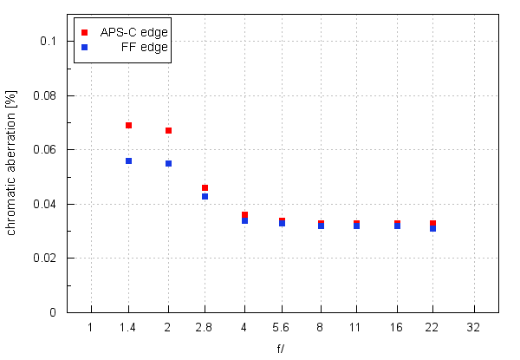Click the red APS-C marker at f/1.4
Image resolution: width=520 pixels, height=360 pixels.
[x=128, y=125]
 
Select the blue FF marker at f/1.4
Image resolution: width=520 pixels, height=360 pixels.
[x=128, y=160]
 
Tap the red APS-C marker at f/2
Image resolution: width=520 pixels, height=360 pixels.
[x=168, y=130]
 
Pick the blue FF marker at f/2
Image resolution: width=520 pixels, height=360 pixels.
[x=168, y=163]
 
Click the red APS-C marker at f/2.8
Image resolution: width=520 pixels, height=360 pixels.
[x=205, y=187]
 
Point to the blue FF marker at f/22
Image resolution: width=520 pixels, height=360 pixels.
[x=432, y=228]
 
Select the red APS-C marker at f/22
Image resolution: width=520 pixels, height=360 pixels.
[x=432, y=223]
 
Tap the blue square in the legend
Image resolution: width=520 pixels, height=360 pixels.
[x=84, y=48]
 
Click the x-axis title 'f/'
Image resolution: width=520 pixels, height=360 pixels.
[x=282, y=349]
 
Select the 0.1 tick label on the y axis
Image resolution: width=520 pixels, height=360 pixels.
[x=48, y=41]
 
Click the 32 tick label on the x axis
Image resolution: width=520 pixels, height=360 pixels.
[x=474, y=326]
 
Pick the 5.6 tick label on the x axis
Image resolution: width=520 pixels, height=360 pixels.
[x=282, y=326]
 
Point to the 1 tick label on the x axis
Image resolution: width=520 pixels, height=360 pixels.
[x=90, y=326]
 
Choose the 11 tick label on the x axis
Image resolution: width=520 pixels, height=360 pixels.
[x=357, y=326]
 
